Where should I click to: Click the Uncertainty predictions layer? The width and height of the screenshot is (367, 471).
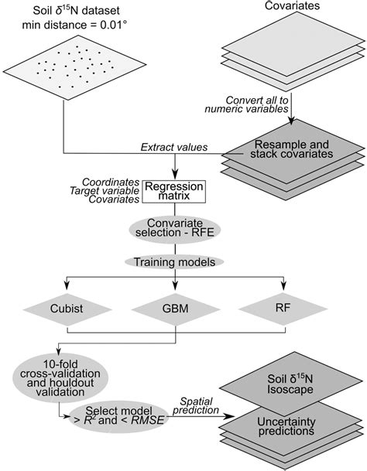[291, 426]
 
